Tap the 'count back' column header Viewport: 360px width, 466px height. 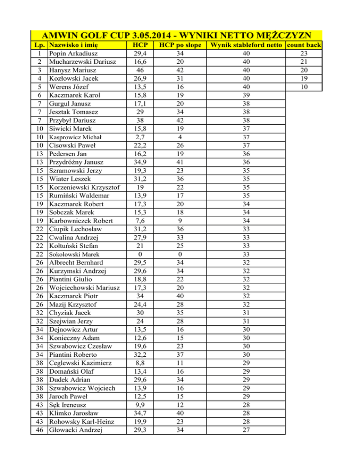pyautogui.click(x=304, y=45)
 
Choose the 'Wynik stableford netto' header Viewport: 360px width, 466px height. pyautogui.click(x=246, y=45)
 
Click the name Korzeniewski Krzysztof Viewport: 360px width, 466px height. pyautogui.click(x=84, y=187)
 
